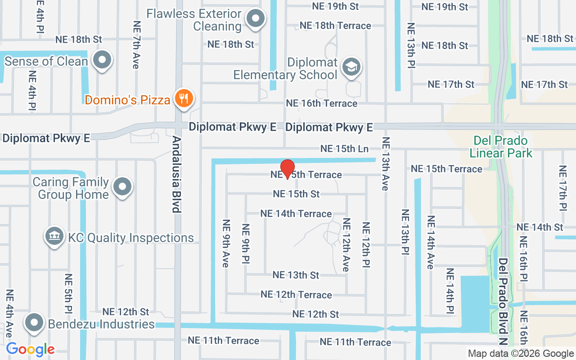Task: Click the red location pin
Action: pyautogui.click(x=288, y=169)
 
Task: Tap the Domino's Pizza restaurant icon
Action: pyautogui.click(x=184, y=98)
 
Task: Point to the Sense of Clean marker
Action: pyautogui.click(x=102, y=60)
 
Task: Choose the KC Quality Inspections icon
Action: pyautogui.click(x=54, y=236)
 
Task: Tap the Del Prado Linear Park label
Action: pyautogui.click(x=501, y=147)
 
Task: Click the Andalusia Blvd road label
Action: pyautogui.click(x=176, y=175)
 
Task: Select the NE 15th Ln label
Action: pyautogui.click(x=344, y=148)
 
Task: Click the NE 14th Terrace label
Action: pyautogui.click(x=296, y=214)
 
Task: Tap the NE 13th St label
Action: pyautogui.click(x=296, y=275)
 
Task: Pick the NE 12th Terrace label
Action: pyautogui.click(x=296, y=295)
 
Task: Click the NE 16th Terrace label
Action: pyautogui.click(x=321, y=103)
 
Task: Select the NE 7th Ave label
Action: pyautogui.click(x=135, y=45)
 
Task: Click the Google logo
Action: pyautogui.click(x=30, y=349)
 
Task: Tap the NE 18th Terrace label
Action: pyautogui.click(x=335, y=26)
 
